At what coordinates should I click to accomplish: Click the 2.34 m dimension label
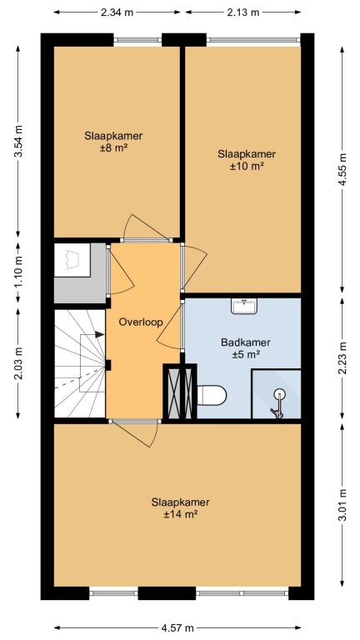click(117, 12)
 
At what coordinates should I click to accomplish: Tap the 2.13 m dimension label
click(242, 12)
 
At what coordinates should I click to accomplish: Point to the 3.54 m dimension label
click(18, 141)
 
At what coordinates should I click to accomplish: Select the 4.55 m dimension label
click(342, 169)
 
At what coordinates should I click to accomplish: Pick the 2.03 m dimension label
click(18, 363)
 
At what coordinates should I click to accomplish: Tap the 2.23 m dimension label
click(342, 358)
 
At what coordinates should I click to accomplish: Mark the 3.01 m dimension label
click(342, 504)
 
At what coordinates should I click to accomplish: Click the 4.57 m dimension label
click(177, 627)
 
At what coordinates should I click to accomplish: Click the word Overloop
click(141, 322)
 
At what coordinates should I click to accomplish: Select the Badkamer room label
click(246, 342)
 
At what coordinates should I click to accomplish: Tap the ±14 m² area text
click(180, 515)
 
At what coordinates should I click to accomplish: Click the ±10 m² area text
click(247, 166)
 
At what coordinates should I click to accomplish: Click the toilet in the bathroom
click(212, 395)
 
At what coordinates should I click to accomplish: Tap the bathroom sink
click(244, 306)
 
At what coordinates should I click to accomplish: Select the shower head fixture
click(278, 404)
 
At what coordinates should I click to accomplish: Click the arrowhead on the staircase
click(99, 334)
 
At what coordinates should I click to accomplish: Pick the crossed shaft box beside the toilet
click(180, 392)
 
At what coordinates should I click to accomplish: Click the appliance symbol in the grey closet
click(72, 260)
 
